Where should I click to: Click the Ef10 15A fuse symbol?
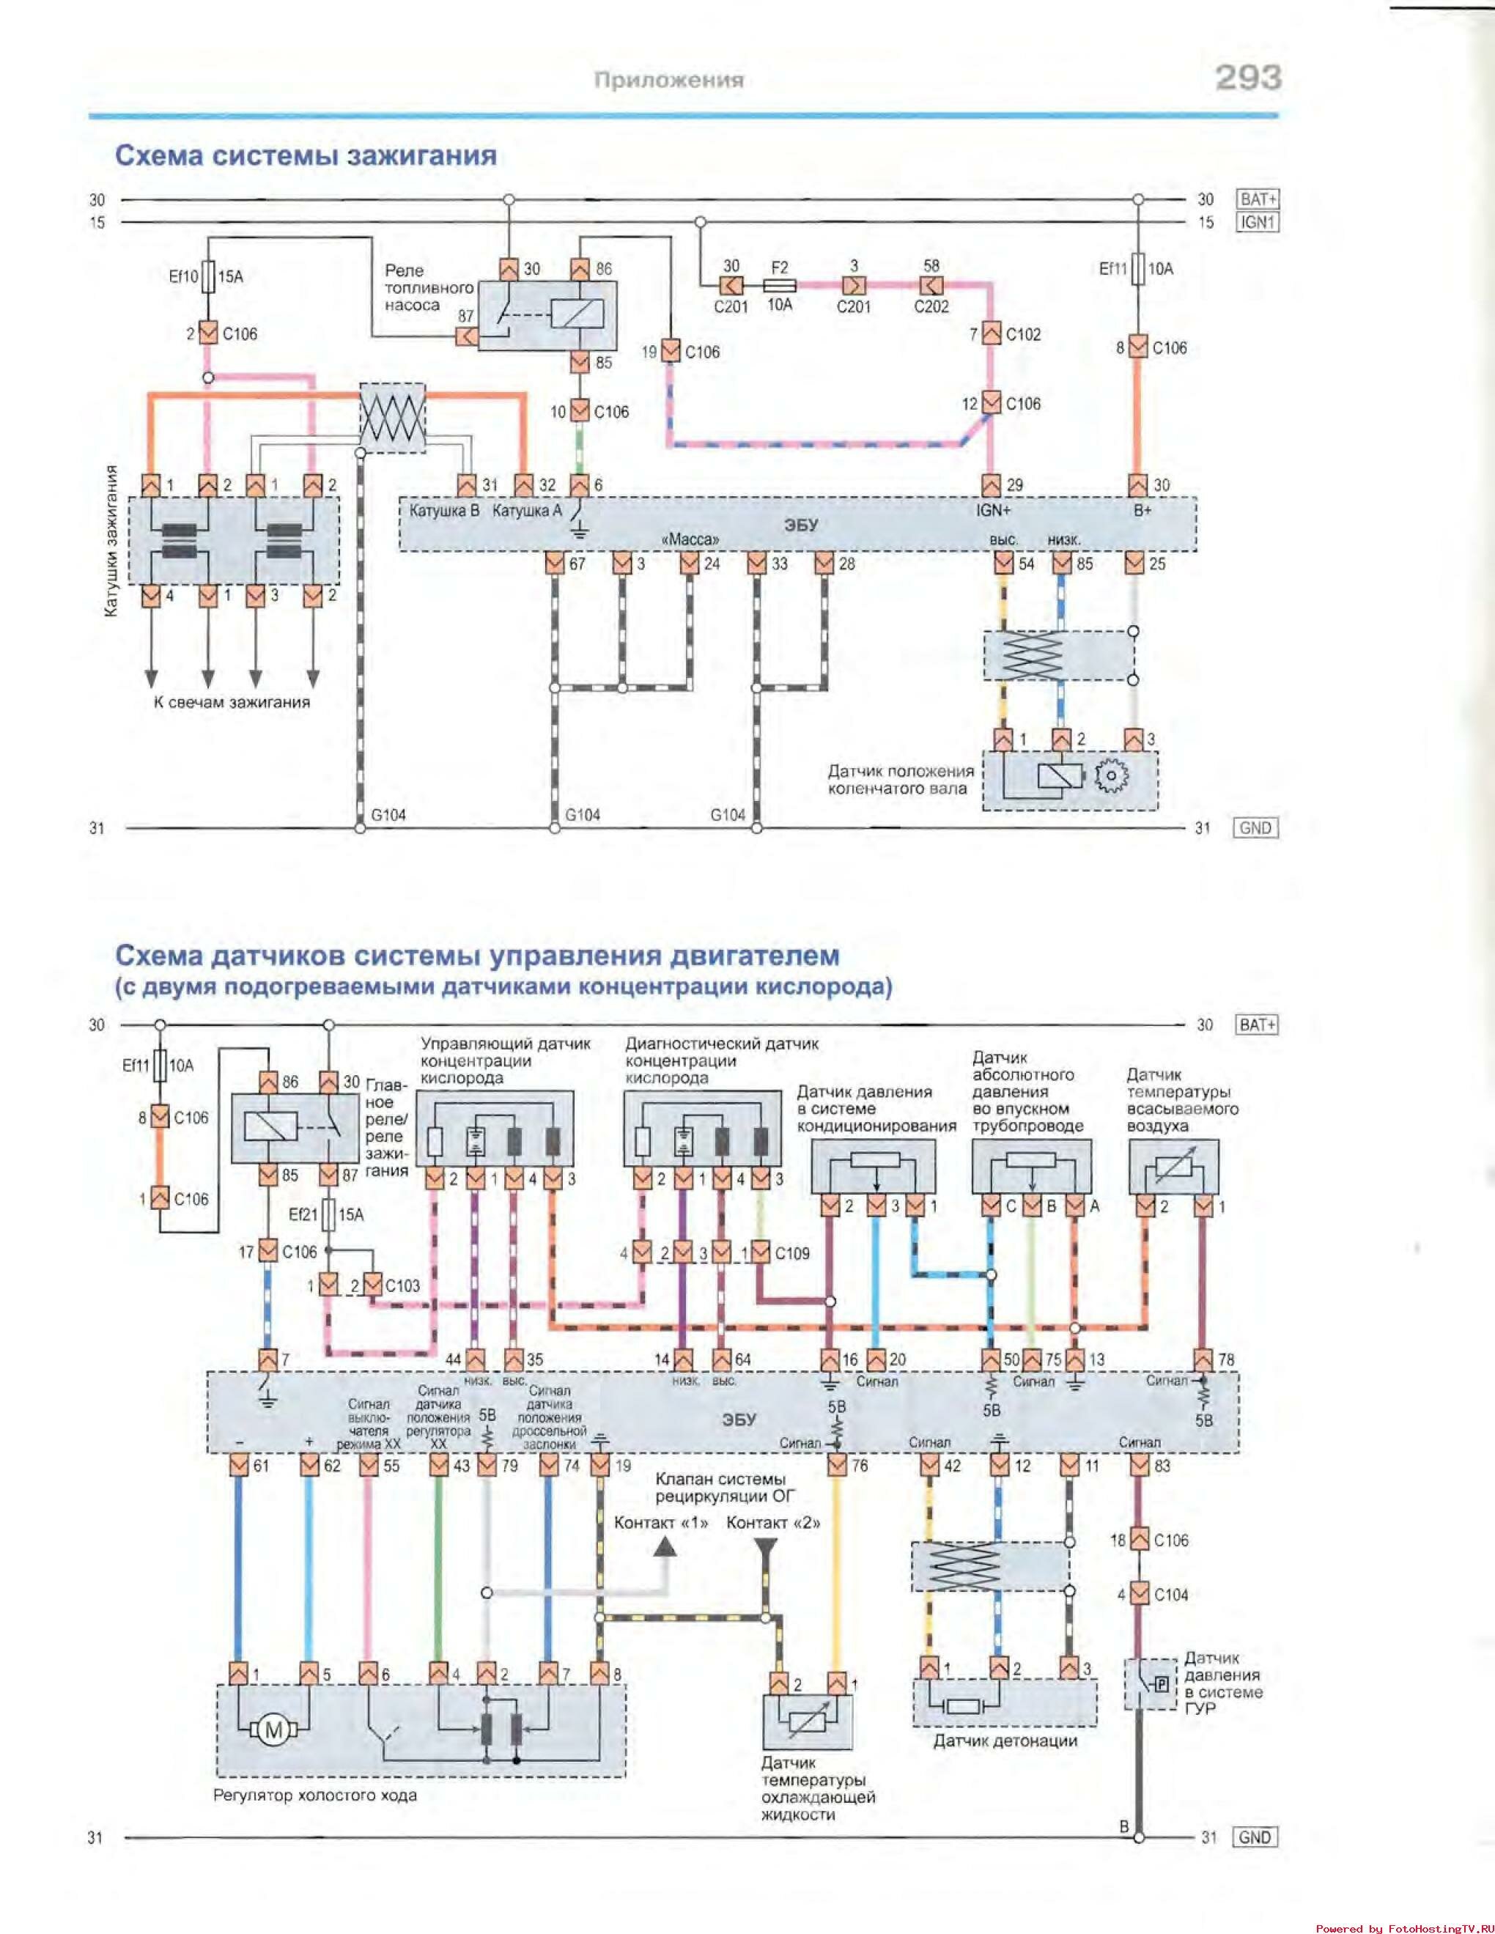(x=208, y=276)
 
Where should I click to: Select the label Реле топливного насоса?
(x=429, y=288)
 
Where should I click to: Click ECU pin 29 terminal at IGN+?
(x=992, y=485)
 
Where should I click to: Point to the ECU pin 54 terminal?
(x=1003, y=563)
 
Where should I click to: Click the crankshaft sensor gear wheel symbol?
(x=1112, y=777)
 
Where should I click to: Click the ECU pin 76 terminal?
(x=837, y=1466)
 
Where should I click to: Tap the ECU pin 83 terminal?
(x=1139, y=1466)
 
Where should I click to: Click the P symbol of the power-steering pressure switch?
(x=1162, y=1683)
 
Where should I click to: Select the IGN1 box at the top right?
(x=1258, y=222)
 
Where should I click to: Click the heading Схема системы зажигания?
(x=306, y=156)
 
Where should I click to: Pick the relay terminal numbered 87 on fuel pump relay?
(x=467, y=336)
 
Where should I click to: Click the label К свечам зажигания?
(x=232, y=702)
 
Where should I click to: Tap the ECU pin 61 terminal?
(x=238, y=1466)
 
